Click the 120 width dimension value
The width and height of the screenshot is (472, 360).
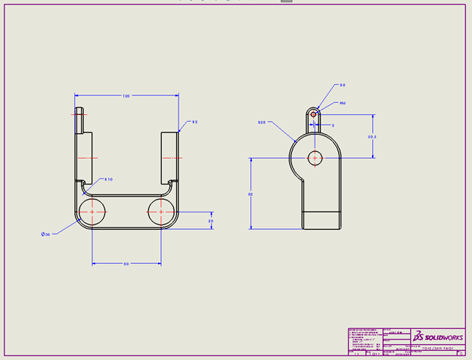coord(126,96)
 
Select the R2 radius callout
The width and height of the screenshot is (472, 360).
coord(194,122)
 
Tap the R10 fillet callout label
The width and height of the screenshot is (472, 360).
coord(109,179)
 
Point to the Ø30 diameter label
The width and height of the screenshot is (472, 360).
coord(45,234)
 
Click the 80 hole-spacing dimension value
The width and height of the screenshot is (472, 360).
coord(126,263)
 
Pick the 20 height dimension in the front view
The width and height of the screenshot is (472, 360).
coord(211,220)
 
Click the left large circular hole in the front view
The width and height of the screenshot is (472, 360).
coord(92,213)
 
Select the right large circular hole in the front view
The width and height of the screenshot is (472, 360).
coord(160,213)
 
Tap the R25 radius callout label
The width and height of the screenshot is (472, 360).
coord(262,121)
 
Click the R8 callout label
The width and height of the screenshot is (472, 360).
coord(342,85)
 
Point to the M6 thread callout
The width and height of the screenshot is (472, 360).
coord(342,103)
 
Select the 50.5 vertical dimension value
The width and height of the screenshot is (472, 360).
coord(372,137)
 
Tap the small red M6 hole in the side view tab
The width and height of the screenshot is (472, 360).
coord(315,114)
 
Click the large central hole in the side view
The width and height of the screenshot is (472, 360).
coord(315,158)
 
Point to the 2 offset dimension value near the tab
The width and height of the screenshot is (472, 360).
coord(334,126)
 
